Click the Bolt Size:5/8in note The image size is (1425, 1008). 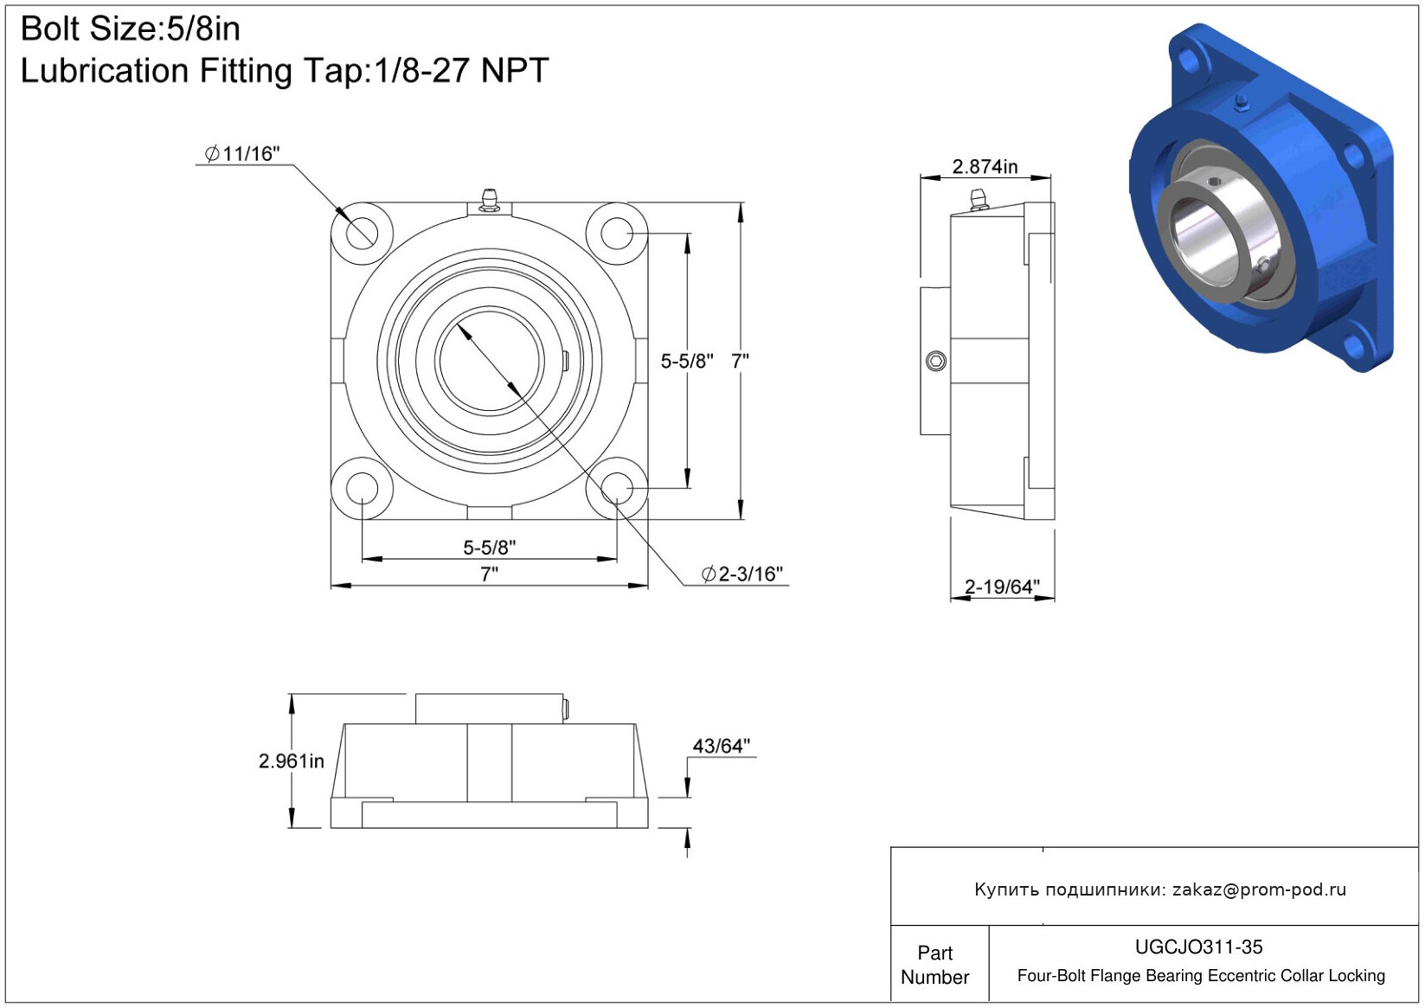[131, 29]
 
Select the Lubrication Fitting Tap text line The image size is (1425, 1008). [285, 71]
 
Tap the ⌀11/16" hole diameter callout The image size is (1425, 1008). [242, 154]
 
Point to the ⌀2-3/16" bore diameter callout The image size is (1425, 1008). [741, 574]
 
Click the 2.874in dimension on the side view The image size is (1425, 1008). [985, 167]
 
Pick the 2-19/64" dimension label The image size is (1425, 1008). [1002, 586]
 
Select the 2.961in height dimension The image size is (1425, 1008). [292, 761]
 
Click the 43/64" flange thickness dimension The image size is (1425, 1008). [722, 746]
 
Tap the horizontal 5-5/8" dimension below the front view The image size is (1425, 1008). [489, 548]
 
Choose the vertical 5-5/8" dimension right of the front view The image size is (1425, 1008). [687, 362]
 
